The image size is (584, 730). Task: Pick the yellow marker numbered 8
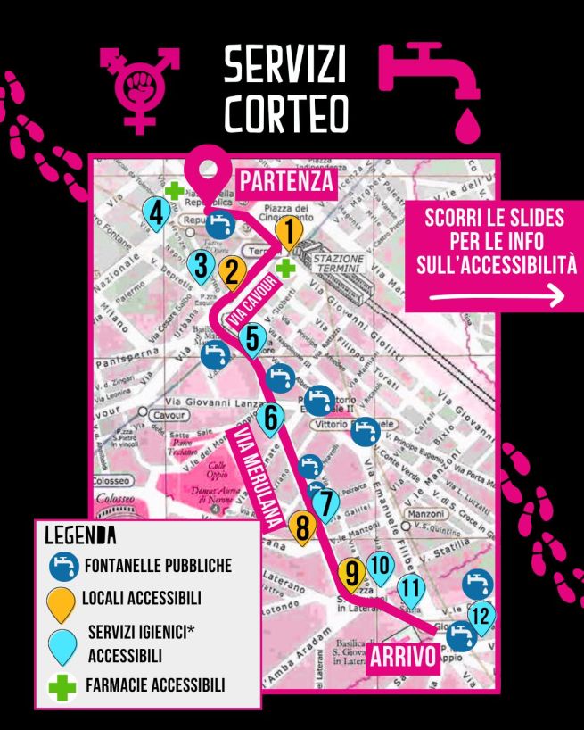point(303,527)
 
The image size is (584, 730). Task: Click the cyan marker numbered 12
point(481,616)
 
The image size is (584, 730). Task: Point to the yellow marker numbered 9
point(352,571)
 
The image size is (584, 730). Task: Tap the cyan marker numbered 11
point(411,588)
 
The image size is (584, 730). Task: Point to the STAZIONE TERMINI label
point(340,265)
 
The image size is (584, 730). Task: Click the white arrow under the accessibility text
point(496,296)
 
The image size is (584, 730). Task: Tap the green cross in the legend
point(62,685)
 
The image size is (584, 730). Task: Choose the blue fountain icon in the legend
point(62,566)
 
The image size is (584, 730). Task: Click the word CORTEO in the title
point(285,113)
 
